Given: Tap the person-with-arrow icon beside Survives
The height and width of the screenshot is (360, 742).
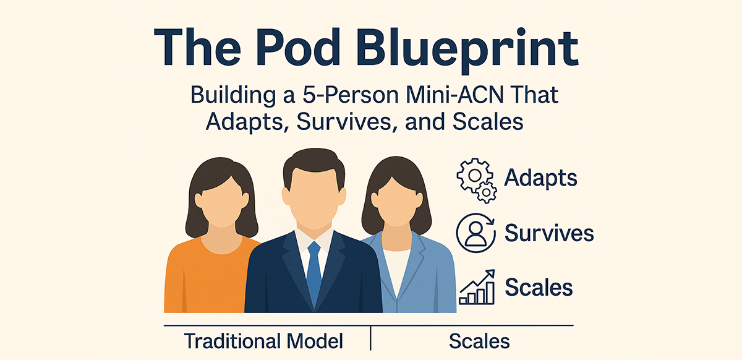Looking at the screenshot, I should (x=476, y=233).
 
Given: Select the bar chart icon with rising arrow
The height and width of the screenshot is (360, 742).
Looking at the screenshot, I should (x=477, y=286).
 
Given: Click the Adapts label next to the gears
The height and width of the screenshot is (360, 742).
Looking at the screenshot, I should (x=541, y=179).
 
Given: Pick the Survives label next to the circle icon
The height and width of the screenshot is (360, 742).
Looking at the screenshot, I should (x=549, y=233).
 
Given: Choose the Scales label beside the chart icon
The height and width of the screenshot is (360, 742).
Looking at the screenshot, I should (x=539, y=287).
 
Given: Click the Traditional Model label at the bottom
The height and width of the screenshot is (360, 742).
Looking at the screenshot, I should (x=263, y=341).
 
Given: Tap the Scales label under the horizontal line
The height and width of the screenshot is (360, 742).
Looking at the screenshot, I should (x=479, y=341).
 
